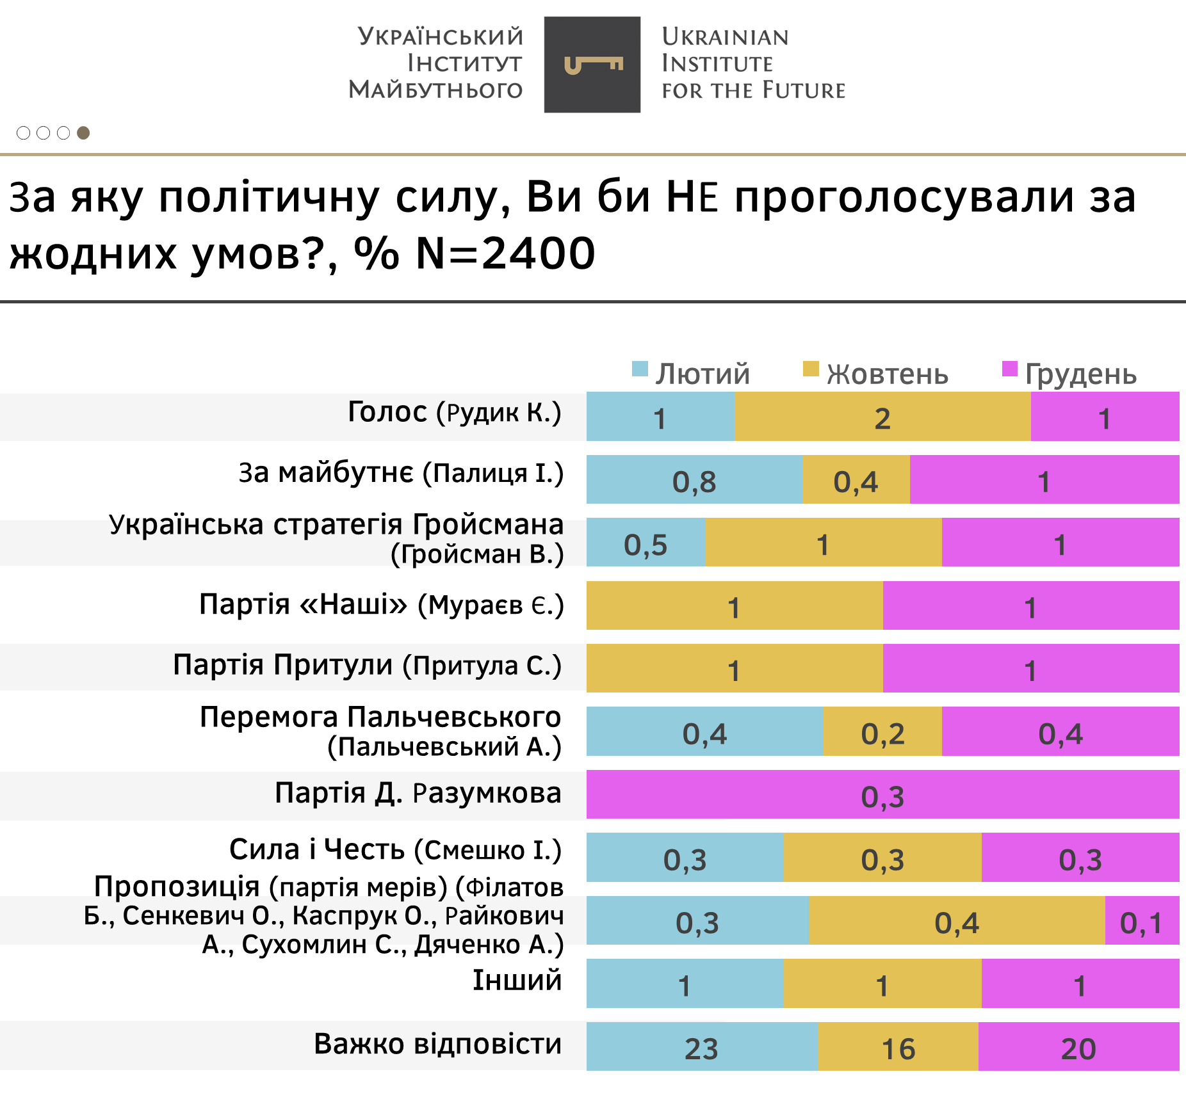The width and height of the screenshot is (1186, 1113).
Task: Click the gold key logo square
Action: click(x=592, y=65)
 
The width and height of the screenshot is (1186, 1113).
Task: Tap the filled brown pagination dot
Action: click(x=83, y=132)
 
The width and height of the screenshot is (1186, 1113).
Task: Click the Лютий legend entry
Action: click(x=692, y=373)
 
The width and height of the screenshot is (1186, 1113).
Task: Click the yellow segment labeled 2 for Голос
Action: click(x=882, y=417)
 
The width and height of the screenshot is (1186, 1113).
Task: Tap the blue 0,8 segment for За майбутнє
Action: click(x=694, y=480)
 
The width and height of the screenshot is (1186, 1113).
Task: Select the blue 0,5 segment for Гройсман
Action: click(x=646, y=543)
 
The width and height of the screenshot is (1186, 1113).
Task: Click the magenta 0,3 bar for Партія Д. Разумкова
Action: click(x=882, y=795)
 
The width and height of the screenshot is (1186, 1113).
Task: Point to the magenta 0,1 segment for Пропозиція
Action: click(x=1141, y=921)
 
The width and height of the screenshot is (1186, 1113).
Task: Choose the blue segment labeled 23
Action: click(x=702, y=1047)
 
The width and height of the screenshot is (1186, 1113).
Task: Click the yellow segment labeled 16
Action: click(x=898, y=1047)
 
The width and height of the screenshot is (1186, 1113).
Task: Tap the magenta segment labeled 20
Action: click(x=1078, y=1047)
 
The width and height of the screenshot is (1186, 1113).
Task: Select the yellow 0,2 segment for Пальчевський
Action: click(x=882, y=732)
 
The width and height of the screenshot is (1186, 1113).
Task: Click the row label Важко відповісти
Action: click(x=437, y=1044)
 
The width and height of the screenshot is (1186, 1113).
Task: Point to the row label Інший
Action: click(x=517, y=981)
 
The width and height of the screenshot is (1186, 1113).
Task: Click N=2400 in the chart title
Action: click(x=506, y=253)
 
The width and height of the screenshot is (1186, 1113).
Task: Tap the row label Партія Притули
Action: click(x=367, y=665)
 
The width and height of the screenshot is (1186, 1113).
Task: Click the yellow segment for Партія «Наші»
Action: click(x=734, y=605)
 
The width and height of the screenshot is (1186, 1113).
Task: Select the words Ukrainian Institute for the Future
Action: click(x=753, y=63)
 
